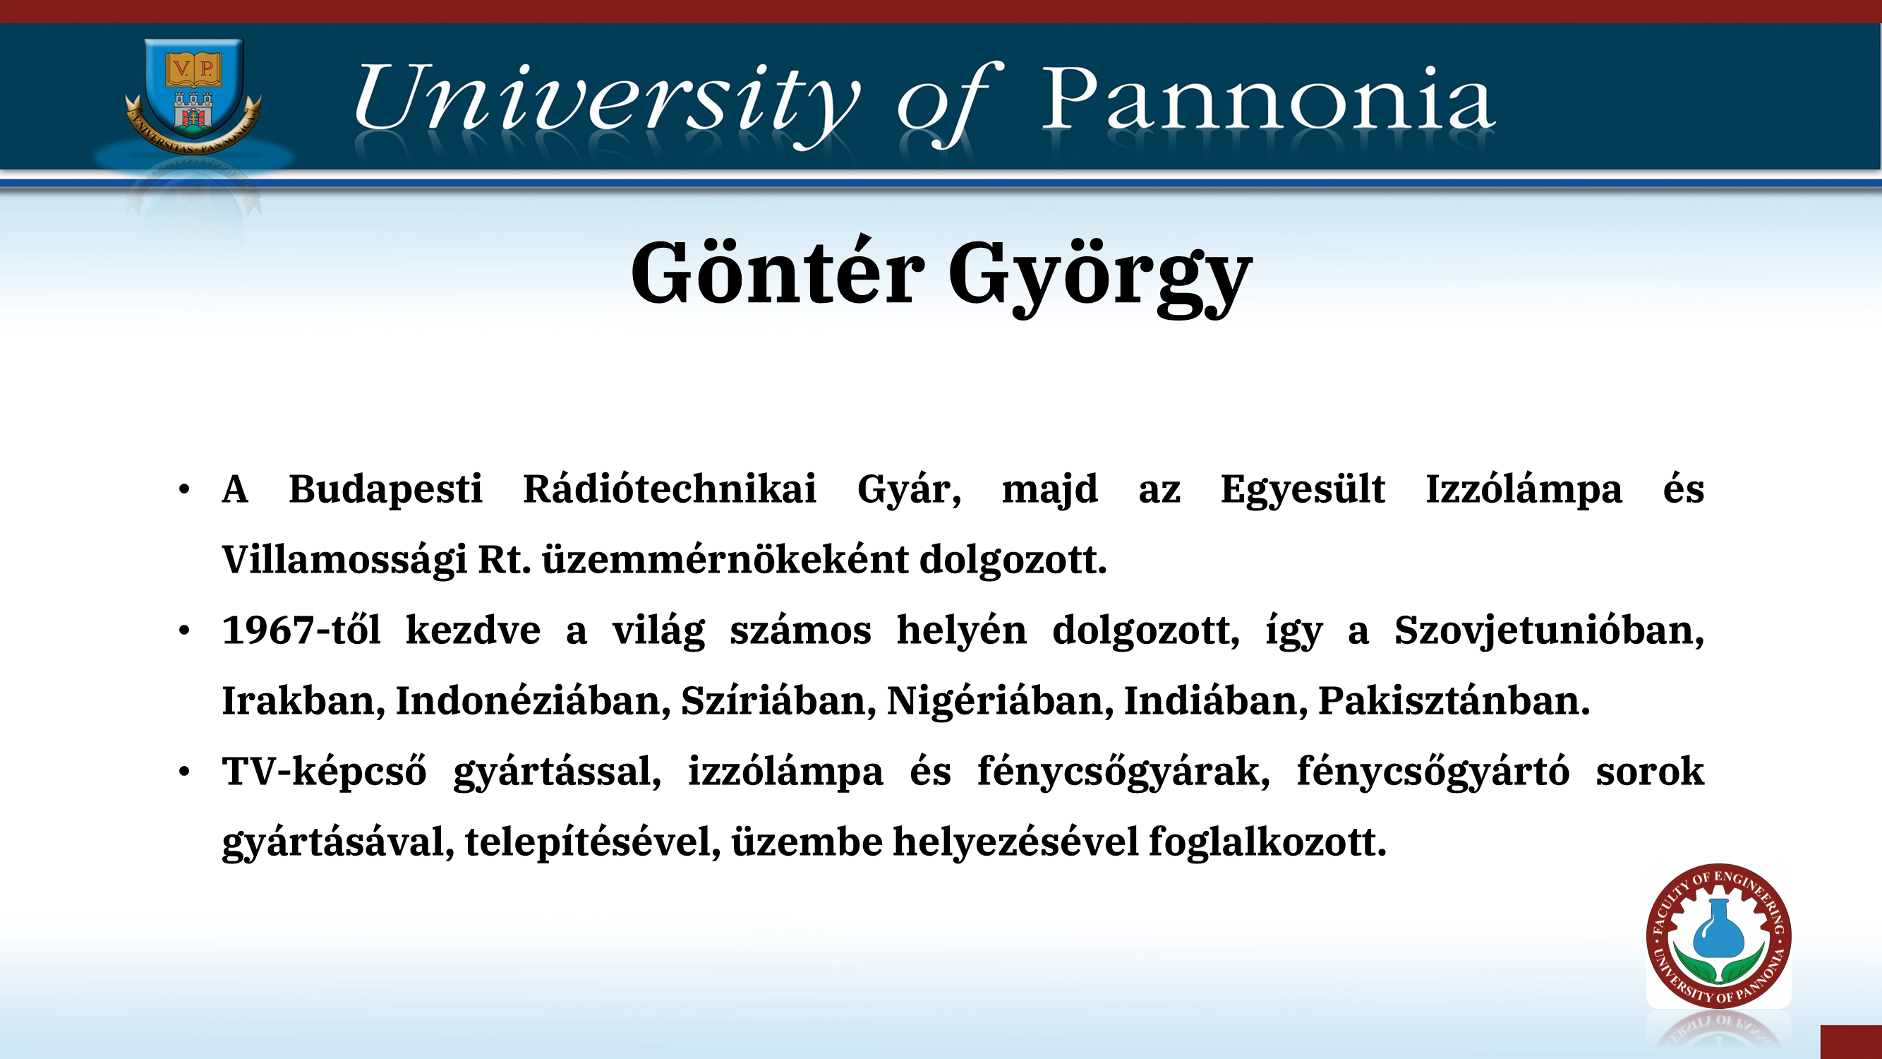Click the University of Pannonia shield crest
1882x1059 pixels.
pyautogui.click(x=193, y=95)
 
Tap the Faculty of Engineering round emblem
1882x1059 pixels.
pyautogui.click(x=1718, y=936)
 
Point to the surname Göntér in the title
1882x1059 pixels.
pyautogui.click(x=778, y=271)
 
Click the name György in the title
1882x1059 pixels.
pyautogui.click(x=1100, y=278)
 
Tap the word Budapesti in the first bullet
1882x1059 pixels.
pyautogui.click(x=386, y=490)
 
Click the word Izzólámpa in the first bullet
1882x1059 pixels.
pyautogui.click(x=1524, y=490)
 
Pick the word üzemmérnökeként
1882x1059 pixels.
pyautogui.click(x=725, y=560)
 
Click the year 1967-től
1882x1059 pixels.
pyautogui.click(x=301, y=629)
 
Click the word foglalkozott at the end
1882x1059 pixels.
pyautogui.click(x=1267, y=842)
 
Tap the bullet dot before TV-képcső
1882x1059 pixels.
pyautogui.click(x=184, y=772)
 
